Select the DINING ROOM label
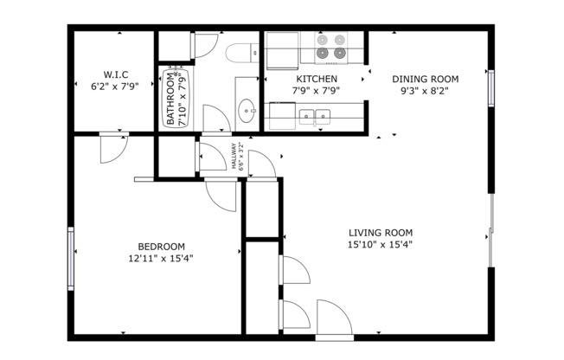[423, 78]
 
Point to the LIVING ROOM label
[380, 232]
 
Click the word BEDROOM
[160, 245]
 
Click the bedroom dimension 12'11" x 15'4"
[160, 257]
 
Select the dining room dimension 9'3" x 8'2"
[423, 90]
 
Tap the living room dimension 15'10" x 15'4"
[380, 244]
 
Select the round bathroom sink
[247, 111]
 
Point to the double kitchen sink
[315, 115]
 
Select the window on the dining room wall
[490, 87]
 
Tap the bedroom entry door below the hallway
[220, 195]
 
